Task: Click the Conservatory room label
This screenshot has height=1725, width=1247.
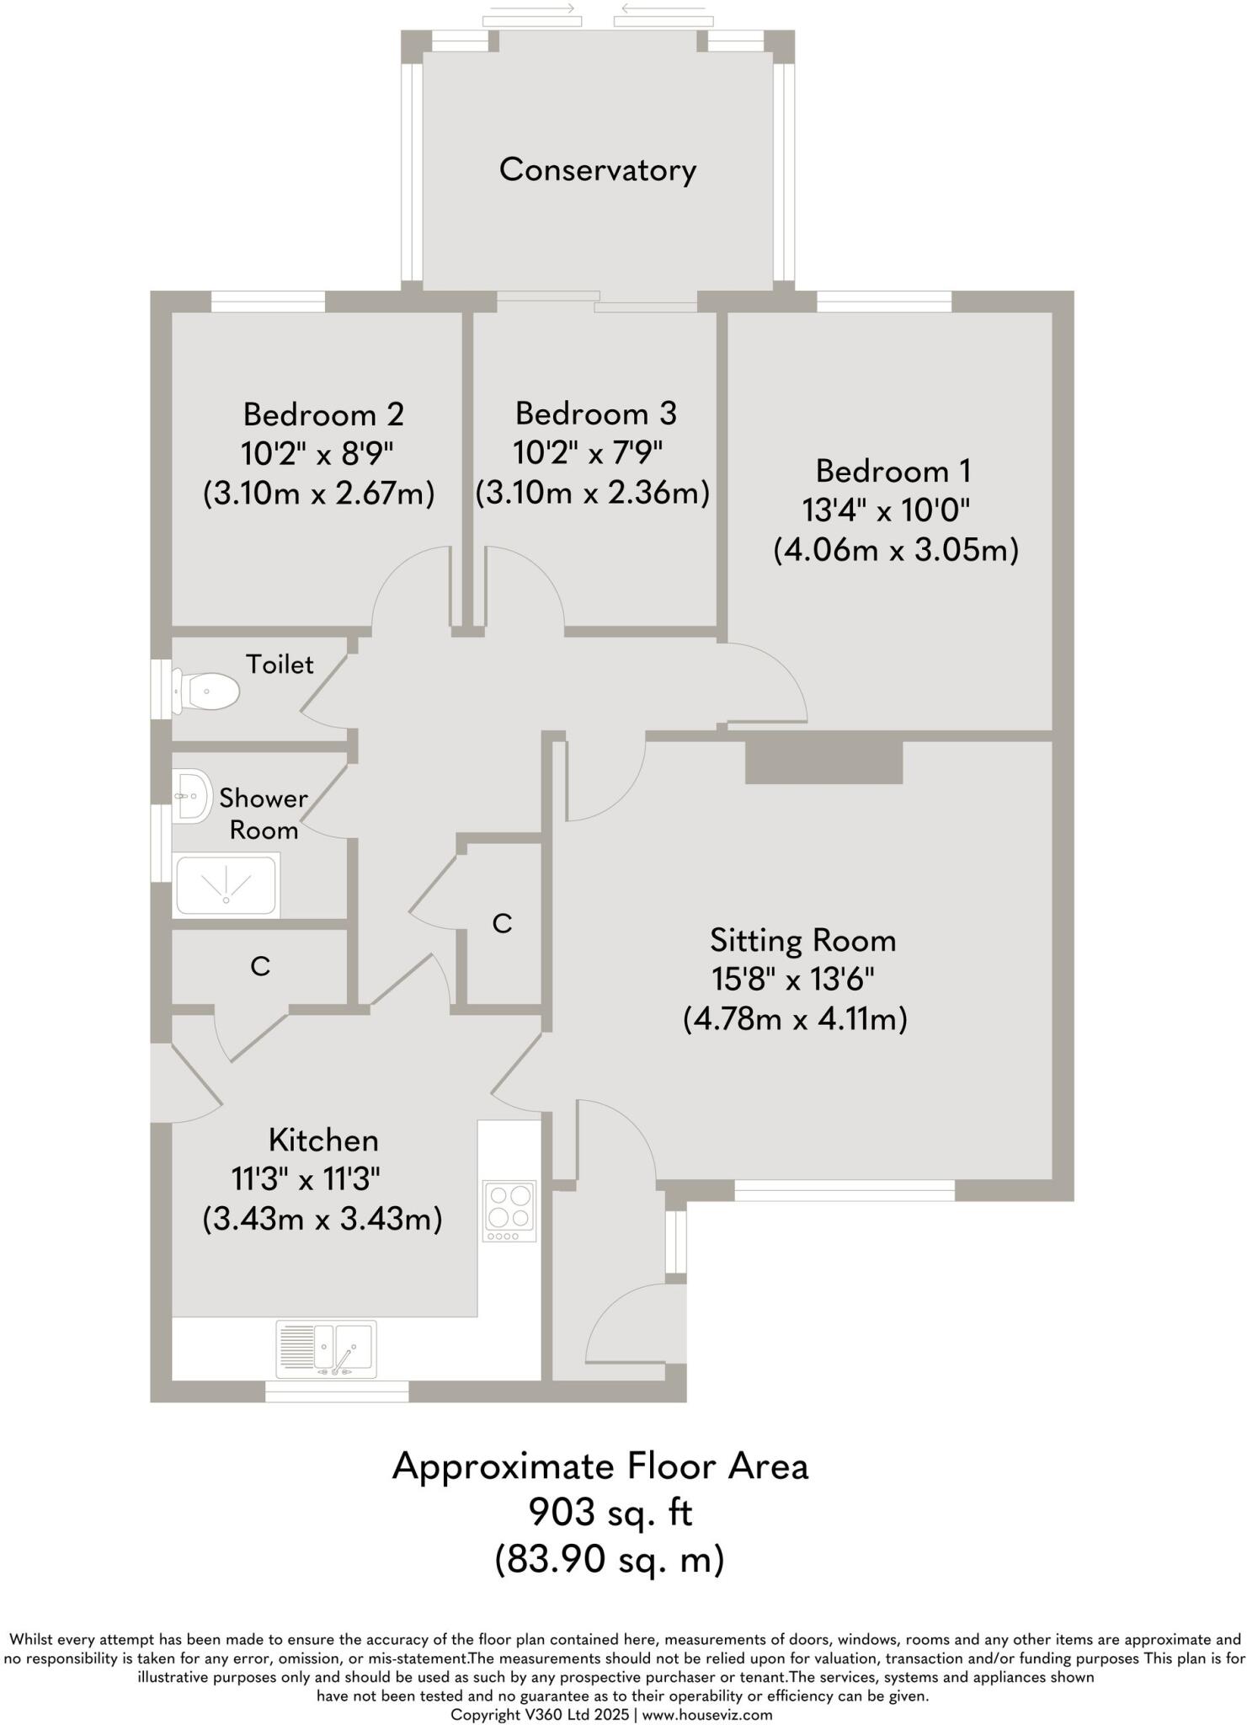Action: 597,170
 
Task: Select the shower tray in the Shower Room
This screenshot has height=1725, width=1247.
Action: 226,885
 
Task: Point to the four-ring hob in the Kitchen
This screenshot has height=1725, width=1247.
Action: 509,1210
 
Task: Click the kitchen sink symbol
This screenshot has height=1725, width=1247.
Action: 327,1348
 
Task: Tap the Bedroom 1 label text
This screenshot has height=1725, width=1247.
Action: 893,470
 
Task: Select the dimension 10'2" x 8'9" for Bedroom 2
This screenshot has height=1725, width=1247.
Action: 317,455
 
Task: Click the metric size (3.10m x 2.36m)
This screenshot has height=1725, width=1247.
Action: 593,493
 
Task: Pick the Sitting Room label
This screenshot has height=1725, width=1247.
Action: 802,940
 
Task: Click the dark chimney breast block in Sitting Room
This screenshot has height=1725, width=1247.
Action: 823,762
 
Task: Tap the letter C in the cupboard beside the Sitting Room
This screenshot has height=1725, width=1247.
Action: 502,924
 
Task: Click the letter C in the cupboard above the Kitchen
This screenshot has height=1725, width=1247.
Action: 260,966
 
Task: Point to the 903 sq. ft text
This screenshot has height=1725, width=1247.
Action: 610,1513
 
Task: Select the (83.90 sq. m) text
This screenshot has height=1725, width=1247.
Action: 610,1559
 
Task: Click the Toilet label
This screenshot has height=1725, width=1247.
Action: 280,665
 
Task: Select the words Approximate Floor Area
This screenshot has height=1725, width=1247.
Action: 600,1466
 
